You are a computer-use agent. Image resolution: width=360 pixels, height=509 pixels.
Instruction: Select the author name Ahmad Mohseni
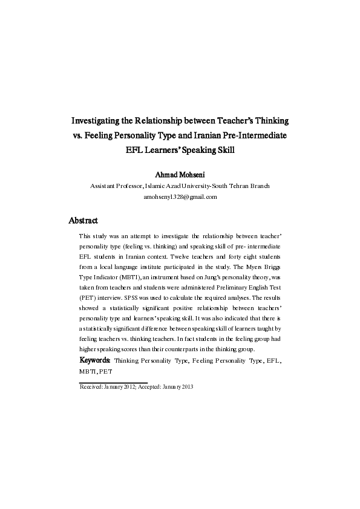[180, 175]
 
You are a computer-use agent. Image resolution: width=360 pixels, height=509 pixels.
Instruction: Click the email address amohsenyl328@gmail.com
[180, 197]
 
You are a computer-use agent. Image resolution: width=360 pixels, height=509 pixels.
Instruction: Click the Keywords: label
[96, 360]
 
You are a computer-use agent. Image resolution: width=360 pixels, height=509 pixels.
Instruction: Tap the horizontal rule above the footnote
[113, 382]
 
